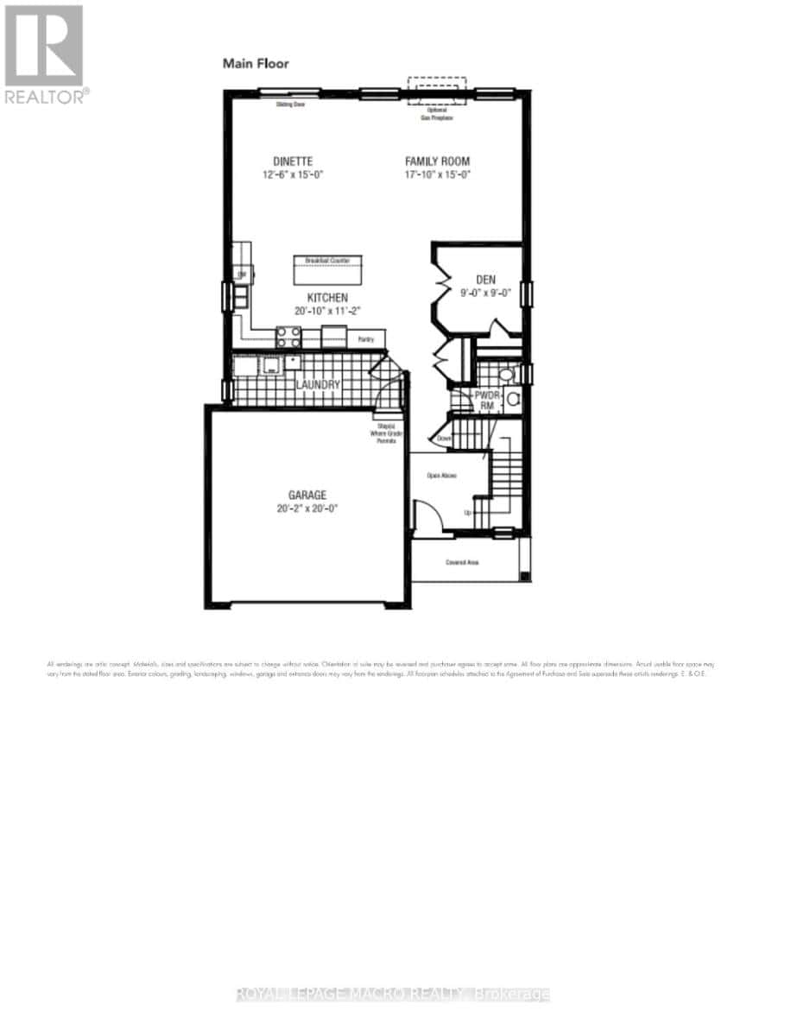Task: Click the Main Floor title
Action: [x=256, y=63]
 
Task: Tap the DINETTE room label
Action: [x=293, y=161]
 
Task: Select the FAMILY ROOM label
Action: [x=438, y=161]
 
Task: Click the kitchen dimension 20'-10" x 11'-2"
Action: [x=312, y=310]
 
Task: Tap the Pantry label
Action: [x=366, y=339]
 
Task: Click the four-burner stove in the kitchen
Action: [x=286, y=338]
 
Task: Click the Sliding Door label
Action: [x=290, y=104]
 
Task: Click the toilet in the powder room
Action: [x=511, y=399]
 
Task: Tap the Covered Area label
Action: [x=462, y=562]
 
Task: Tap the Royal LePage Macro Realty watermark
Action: [x=392, y=995]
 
